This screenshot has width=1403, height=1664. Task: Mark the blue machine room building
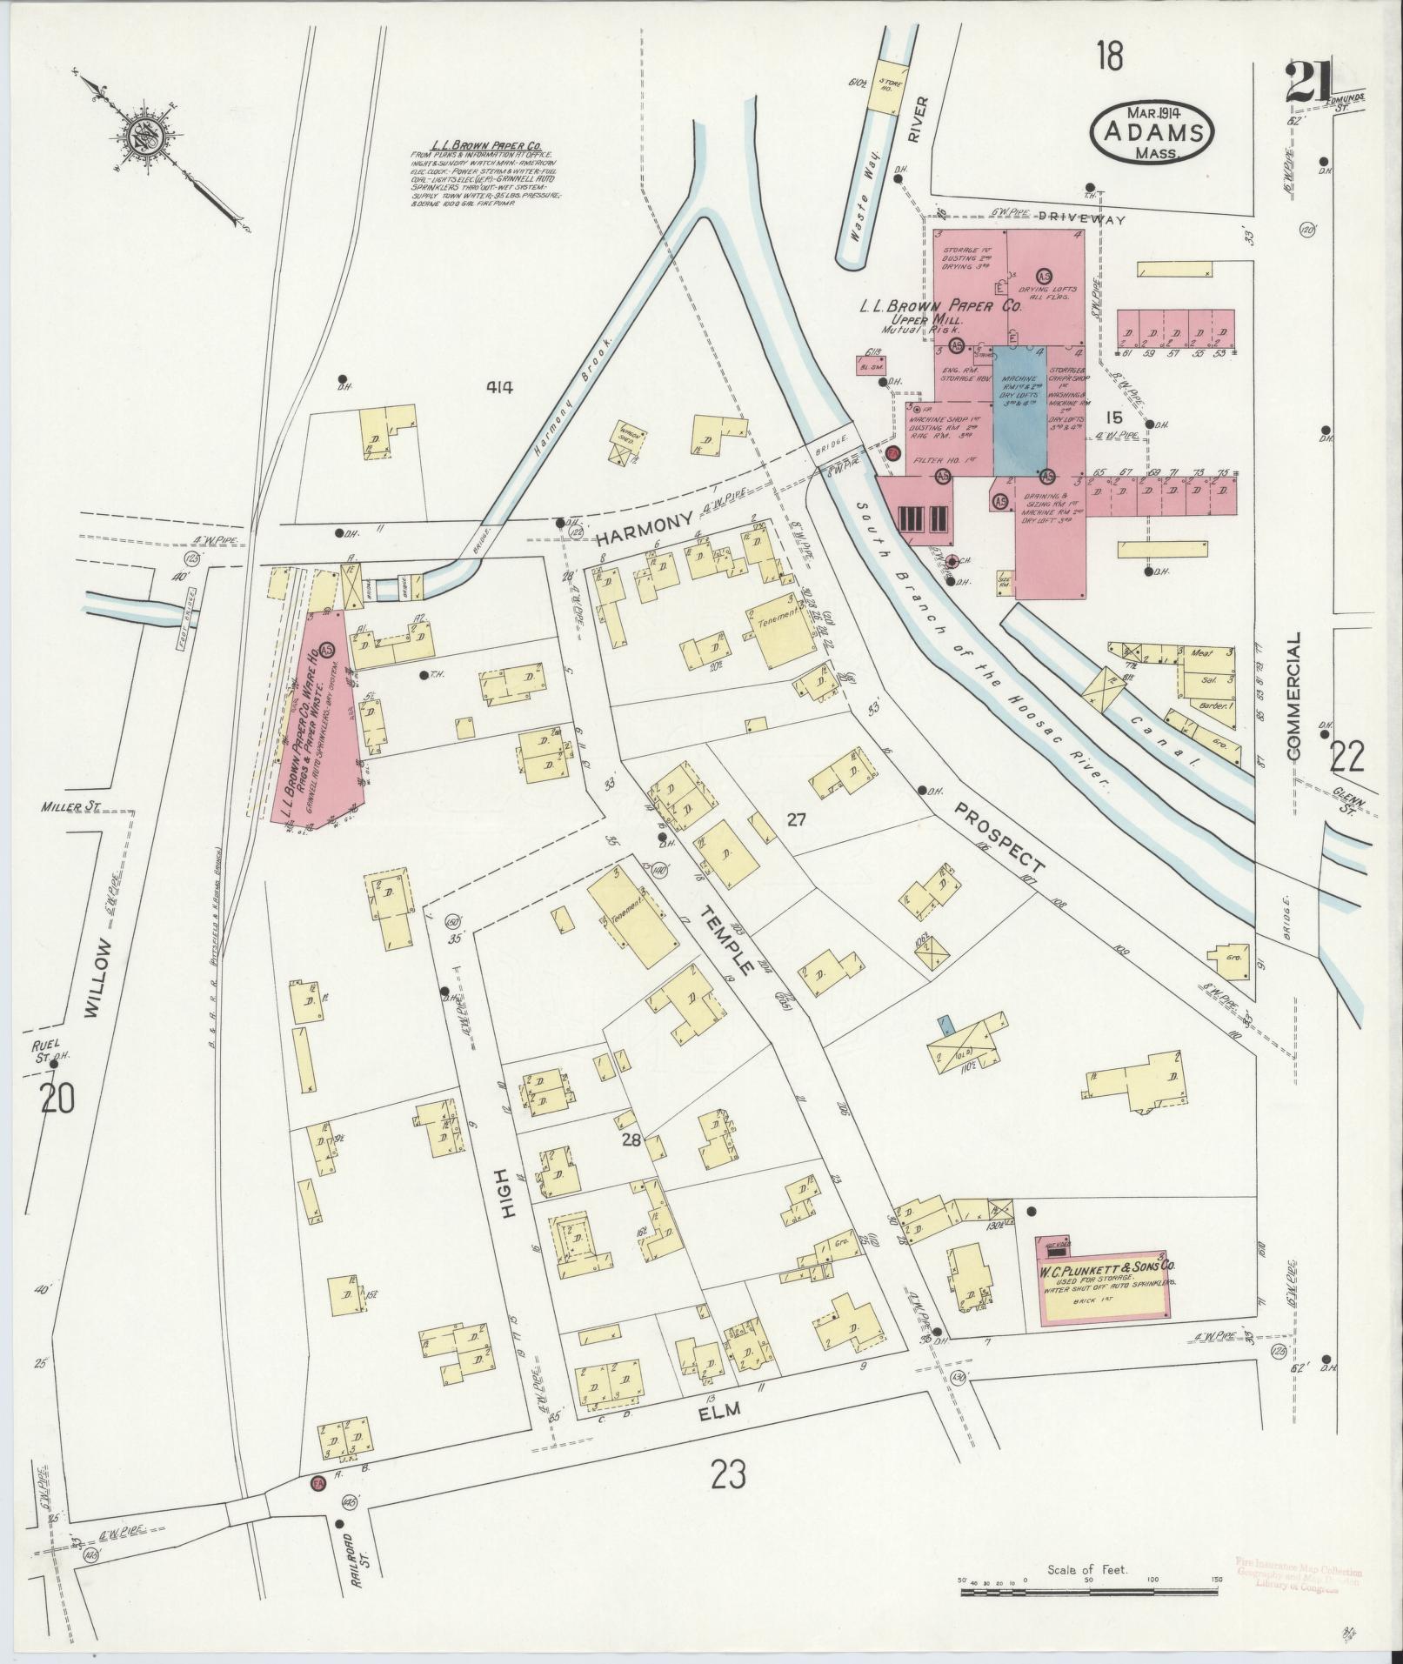pyautogui.click(x=1019, y=409)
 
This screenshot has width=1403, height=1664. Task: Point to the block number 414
pyautogui.click(x=500, y=388)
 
